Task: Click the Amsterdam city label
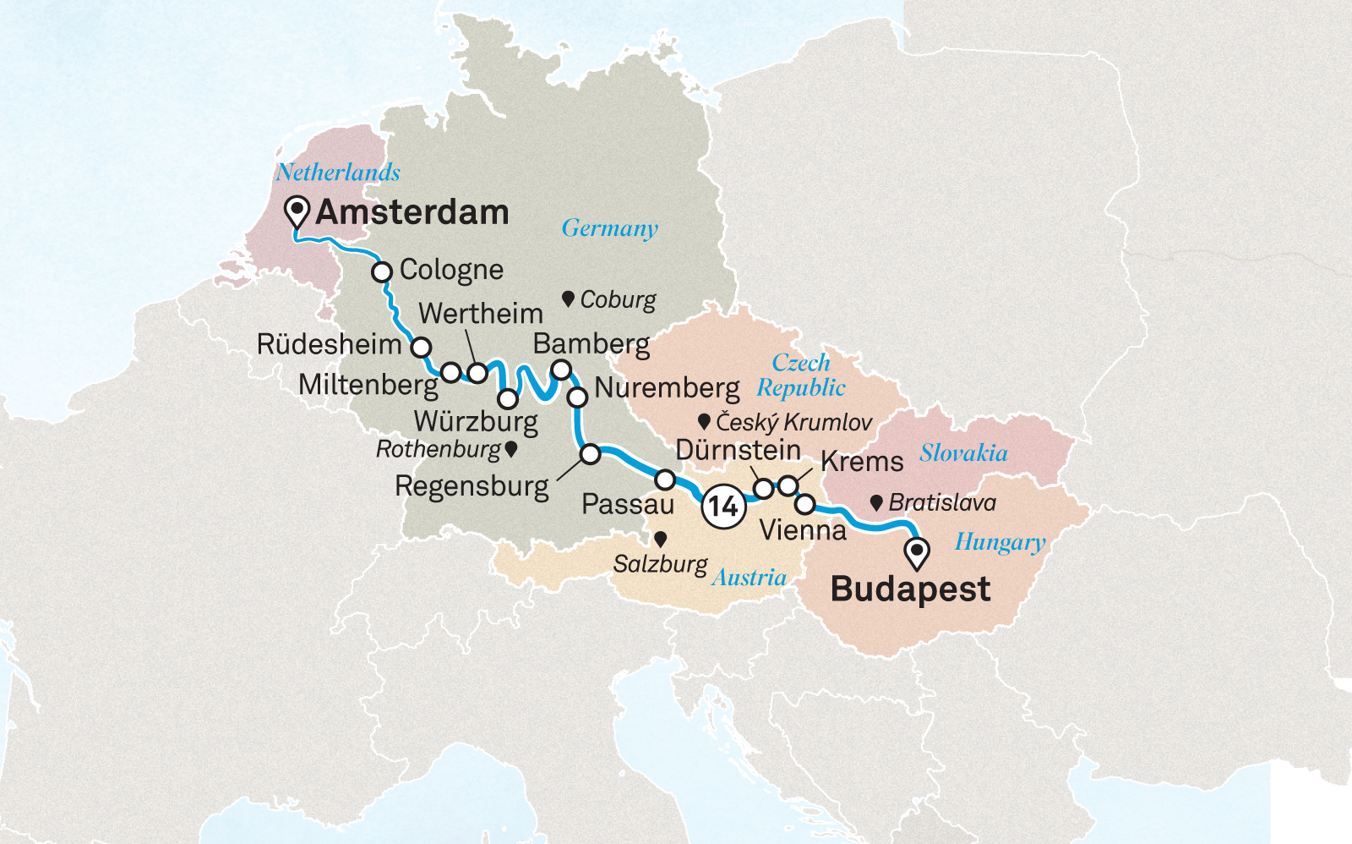coord(412,212)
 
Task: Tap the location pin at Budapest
coord(917,551)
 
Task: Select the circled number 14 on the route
coord(722,506)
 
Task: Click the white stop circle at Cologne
coord(382,272)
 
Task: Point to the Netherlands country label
coord(338,173)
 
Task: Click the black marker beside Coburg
coord(569,299)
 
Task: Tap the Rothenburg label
coord(439,449)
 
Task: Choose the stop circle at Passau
coord(665,480)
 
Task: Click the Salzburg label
coord(660,563)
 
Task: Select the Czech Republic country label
coord(801,375)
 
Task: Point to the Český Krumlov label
coord(793,421)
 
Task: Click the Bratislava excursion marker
coord(876,503)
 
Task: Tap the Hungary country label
coord(1000,542)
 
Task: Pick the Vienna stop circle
coord(805,505)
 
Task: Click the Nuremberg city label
coord(667,388)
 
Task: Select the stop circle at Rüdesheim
coord(421,348)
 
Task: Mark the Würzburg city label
coord(476,420)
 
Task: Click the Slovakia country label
coord(963,453)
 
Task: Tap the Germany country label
coord(609,228)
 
